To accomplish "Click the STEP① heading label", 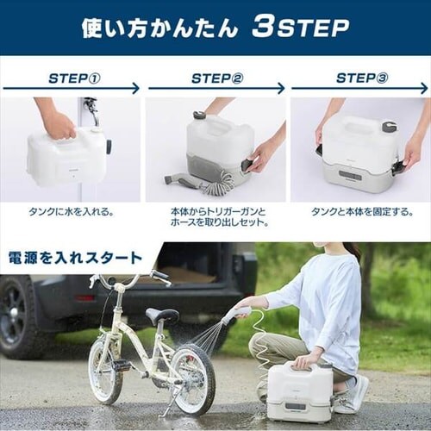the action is (75, 78).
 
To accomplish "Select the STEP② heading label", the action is (217, 78).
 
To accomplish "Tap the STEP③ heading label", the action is (362, 78).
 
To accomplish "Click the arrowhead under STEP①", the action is (135, 89).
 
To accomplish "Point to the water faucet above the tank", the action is (92, 110).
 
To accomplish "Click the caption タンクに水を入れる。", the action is (72, 212).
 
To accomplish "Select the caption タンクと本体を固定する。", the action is (362, 212).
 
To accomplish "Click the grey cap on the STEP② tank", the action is (199, 115).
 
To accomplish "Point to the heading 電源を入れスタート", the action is (75, 258).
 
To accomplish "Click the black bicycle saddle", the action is (161, 314).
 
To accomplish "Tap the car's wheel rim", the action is (13, 313).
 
